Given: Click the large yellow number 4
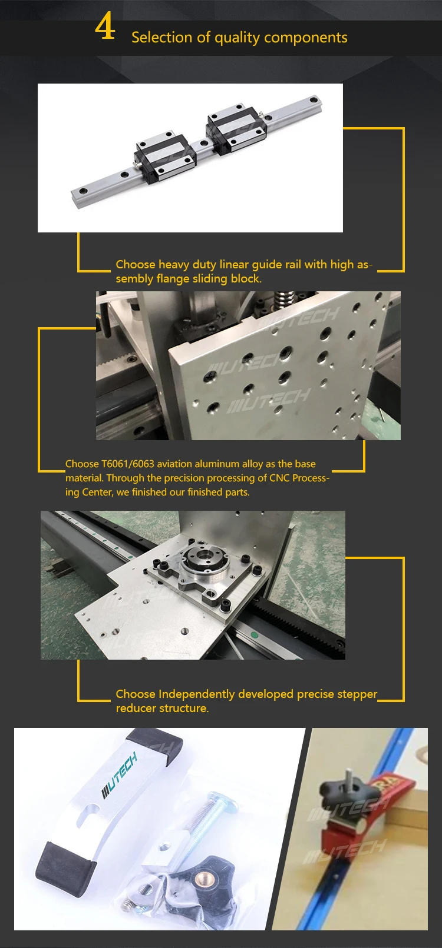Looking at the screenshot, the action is [105, 27].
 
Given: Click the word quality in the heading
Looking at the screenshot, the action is [237, 38].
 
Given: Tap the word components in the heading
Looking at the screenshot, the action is [305, 38].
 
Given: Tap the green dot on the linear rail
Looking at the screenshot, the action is [254, 634].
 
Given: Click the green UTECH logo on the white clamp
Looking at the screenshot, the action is [120, 776].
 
